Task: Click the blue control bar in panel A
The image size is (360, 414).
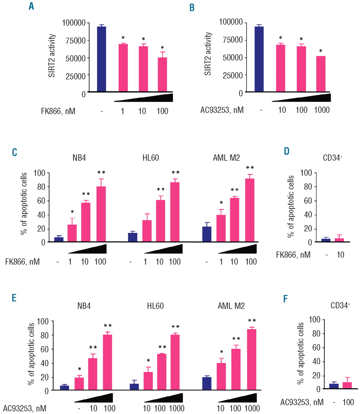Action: tap(101, 59)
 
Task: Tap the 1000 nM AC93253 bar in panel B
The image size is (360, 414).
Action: tap(321, 74)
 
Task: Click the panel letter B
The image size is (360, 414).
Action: tap(192, 8)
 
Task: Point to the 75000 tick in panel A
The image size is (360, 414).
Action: tap(74, 41)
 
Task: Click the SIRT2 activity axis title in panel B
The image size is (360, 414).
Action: tap(208, 54)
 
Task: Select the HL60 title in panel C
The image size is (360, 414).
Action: tap(151, 158)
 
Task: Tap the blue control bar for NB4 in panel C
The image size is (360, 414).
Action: tap(59, 239)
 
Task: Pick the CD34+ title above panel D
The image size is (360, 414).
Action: tap(333, 158)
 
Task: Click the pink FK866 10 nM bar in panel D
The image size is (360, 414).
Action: tap(339, 240)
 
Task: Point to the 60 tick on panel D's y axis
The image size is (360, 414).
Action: tap(308, 201)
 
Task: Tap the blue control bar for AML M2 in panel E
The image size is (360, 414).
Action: tap(207, 383)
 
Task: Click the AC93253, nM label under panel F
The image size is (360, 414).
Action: tap(302, 402)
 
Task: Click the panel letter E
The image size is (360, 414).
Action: tap(14, 298)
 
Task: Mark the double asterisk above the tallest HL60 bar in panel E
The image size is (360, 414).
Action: tap(175, 327)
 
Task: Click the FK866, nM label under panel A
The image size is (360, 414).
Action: tap(58, 111)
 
